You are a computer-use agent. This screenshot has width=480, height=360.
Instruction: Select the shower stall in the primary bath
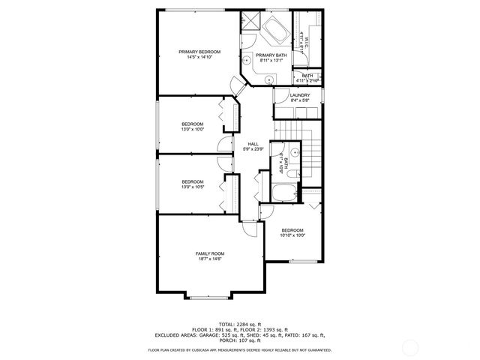(x=248, y=21)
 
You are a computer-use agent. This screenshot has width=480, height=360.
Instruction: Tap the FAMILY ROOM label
(x=210, y=253)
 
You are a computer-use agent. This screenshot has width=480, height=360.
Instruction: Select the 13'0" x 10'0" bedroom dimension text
(x=192, y=130)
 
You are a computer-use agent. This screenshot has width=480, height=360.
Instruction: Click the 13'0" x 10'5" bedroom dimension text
(x=192, y=187)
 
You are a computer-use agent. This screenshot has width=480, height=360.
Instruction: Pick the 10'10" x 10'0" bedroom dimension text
(x=292, y=235)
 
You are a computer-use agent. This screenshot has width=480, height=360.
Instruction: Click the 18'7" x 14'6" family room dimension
(x=210, y=259)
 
